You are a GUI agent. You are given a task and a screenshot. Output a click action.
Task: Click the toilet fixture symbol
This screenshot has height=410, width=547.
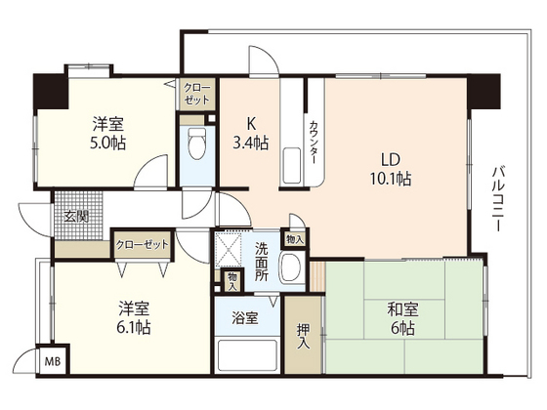point(197,143)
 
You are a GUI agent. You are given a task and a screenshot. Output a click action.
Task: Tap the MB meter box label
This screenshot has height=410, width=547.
point(53,361)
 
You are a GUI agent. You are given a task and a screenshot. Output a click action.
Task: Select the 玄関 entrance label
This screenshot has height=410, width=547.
point(76,217)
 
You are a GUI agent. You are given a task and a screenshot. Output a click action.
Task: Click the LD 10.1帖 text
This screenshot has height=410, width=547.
point(391,169)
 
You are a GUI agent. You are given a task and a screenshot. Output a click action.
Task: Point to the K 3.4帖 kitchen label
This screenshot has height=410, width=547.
point(250,133)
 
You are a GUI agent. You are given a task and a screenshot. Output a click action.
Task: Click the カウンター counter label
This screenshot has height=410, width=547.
point(314,142)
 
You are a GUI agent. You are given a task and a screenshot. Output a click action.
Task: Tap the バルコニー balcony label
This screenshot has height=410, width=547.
point(498,199)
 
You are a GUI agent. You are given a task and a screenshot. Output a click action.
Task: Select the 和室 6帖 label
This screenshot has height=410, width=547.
point(401,319)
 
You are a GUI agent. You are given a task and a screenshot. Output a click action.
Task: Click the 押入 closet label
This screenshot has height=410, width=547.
point(303,337)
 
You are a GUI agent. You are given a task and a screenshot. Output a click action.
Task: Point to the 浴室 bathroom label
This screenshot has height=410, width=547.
point(245,318)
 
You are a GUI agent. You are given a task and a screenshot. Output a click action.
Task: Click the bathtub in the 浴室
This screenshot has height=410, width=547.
point(247,355)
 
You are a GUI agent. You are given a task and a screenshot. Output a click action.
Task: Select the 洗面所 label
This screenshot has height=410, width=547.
point(262,262)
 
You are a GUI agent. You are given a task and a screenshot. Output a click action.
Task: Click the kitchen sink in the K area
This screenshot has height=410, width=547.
point(291,165)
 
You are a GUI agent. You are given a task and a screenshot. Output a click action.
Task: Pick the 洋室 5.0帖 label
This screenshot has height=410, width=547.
point(107,133)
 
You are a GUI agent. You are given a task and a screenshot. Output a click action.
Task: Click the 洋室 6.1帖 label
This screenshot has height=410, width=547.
point(135,317)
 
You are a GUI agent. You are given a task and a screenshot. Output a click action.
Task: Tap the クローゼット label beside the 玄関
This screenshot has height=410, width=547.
point(143,245)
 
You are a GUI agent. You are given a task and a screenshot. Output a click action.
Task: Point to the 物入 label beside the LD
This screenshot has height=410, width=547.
point(295,239)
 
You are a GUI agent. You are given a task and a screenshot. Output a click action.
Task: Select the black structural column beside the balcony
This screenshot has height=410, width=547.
point(484,92)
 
